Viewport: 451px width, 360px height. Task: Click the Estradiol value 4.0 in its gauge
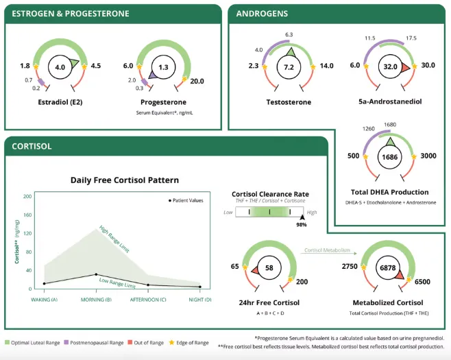(60, 67)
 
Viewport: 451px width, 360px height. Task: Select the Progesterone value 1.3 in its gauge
(162, 68)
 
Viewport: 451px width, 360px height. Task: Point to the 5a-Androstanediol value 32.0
(391, 67)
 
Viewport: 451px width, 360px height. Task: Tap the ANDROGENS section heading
(262, 13)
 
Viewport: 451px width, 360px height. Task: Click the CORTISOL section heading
(32, 146)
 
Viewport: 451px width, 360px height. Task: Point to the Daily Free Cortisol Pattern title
(125, 180)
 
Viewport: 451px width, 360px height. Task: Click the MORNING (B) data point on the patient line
(97, 274)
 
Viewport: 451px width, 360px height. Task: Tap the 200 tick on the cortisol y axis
(28, 196)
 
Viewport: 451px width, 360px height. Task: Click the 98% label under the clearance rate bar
(302, 224)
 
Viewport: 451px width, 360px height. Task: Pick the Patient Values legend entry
(186, 200)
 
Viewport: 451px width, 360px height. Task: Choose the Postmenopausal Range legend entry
(97, 342)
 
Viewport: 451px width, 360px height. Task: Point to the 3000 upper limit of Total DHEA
(428, 156)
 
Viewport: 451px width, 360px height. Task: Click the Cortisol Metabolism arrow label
(327, 250)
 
